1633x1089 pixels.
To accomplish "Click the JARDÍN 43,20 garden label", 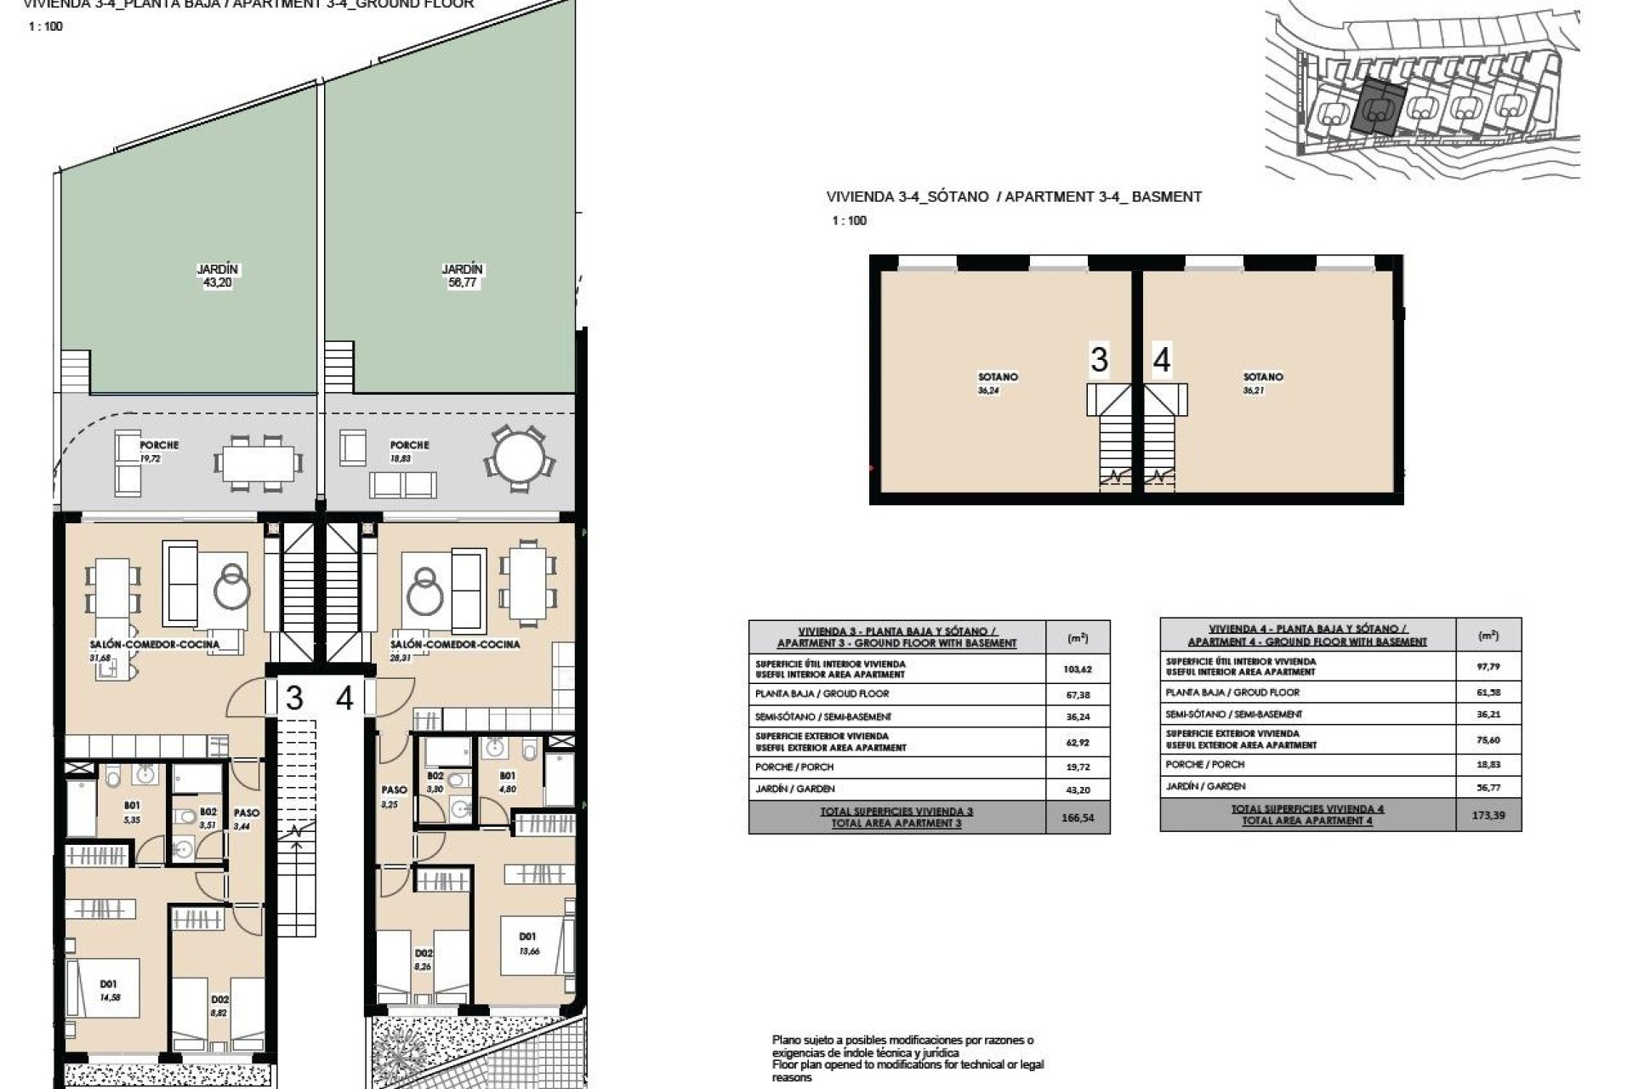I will (x=218, y=276).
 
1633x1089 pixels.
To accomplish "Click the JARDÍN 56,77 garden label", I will (x=462, y=276).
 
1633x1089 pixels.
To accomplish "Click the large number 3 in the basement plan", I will (x=1099, y=359).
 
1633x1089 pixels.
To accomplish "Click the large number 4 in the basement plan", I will (x=1162, y=359).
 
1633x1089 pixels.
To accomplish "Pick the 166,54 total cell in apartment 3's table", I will (x=1078, y=818).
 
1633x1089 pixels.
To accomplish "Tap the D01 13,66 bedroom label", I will (x=528, y=944).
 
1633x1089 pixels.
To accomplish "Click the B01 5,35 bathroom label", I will (x=132, y=812).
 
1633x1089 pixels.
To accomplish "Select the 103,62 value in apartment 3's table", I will (x=1078, y=669).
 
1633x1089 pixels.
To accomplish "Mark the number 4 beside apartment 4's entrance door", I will (x=344, y=698).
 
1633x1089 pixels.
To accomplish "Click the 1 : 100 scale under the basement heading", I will (x=849, y=220).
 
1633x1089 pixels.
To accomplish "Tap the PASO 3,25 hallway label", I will (x=393, y=796).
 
